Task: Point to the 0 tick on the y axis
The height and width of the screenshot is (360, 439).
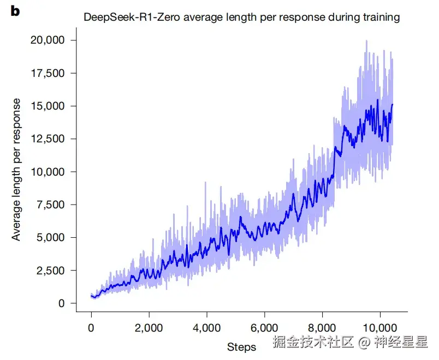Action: tap(62, 303)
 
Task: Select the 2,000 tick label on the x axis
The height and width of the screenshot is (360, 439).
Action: tap(149, 328)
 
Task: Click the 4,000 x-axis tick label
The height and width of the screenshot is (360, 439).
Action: tap(206, 328)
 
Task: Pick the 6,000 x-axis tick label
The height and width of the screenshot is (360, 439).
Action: tap(264, 328)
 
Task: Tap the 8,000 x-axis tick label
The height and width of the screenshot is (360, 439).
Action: tap(322, 328)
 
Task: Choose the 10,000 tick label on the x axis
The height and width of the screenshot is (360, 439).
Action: tap(379, 328)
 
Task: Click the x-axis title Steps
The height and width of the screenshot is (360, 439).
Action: tap(241, 347)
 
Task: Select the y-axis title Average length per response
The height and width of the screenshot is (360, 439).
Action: tap(17, 170)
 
